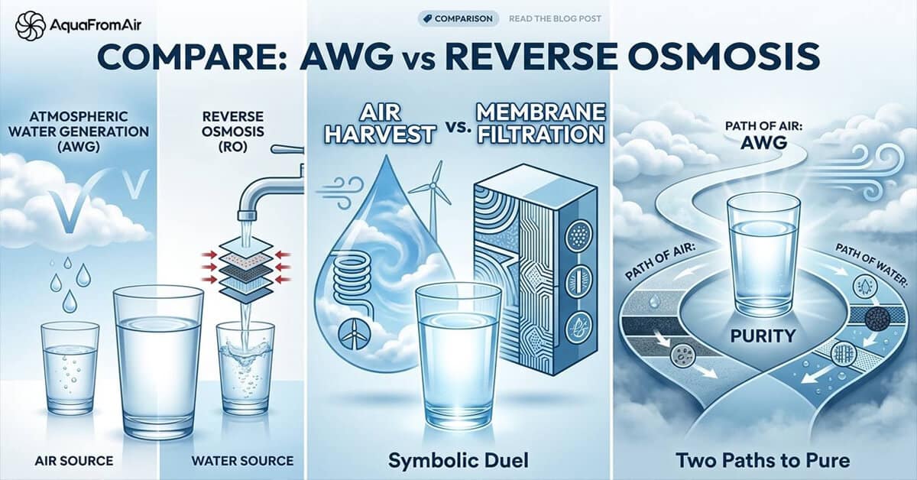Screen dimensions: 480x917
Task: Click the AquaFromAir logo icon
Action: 29,26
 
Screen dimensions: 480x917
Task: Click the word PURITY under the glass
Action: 763,336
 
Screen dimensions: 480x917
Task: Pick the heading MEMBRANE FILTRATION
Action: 540,124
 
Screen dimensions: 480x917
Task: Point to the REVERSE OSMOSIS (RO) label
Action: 234,129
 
